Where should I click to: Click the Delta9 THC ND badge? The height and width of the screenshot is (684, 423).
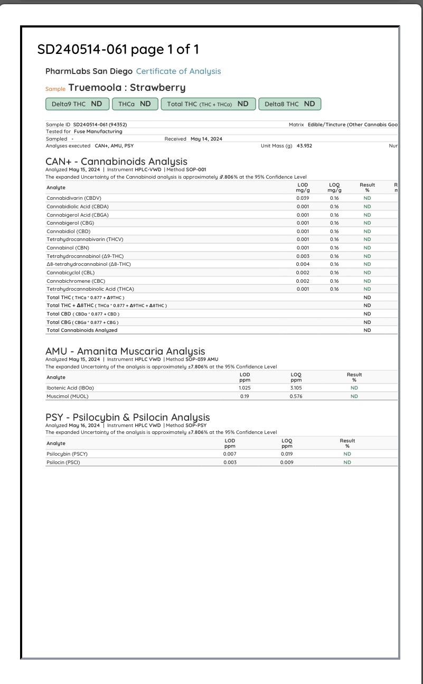[77, 104]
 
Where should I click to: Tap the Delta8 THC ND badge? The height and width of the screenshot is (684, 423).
[289, 104]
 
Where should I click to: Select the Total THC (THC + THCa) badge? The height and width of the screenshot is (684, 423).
[208, 104]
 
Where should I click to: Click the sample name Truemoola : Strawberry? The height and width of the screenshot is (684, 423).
[127, 88]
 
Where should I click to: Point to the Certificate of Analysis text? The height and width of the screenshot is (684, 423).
[178, 71]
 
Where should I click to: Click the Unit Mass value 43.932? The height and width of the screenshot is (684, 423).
[304, 145]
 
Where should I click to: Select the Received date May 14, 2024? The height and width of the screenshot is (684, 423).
[206, 138]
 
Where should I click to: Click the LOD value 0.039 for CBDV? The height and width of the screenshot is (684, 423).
[303, 198]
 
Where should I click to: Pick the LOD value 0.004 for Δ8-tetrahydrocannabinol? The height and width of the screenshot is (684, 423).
[303, 264]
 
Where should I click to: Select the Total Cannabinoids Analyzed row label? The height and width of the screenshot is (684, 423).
[82, 330]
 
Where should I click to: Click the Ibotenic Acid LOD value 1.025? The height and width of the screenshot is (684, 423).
[245, 387]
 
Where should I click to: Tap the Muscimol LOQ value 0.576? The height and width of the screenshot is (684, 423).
[296, 396]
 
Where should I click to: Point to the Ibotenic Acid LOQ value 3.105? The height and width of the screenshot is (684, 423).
[296, 387]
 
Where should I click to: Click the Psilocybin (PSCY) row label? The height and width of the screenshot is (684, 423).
[67, 454]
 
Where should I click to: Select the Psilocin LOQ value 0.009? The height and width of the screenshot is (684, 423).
[287, 463]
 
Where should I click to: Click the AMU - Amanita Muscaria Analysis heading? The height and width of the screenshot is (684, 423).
[125, 352]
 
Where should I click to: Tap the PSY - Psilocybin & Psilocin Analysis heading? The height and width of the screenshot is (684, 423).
[127, 418]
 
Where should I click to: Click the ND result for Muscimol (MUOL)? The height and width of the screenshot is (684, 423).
[354, 396]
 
